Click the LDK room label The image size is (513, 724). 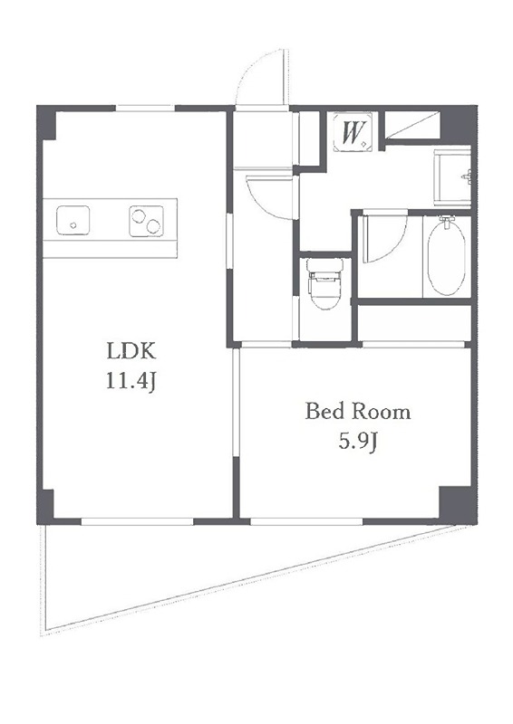click(131, 351)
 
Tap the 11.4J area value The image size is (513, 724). click(131, 381)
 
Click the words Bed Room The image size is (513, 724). click(358, 412)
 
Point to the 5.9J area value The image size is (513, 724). click(359, 442)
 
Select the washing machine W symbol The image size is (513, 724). click(353, 132)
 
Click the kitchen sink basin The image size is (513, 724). click(73, 220)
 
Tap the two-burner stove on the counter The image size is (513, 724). click(146, 221)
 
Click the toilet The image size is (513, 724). click(325, 283)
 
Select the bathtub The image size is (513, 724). click(447, 256)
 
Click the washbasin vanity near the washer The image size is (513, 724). click(452, 176)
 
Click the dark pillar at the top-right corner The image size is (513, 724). click(458, 124)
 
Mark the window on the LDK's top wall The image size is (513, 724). click(145, 109)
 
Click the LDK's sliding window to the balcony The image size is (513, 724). click(137, 521)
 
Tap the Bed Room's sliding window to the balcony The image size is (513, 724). click(306, 521)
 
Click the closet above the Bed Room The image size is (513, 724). click(414, 322)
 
